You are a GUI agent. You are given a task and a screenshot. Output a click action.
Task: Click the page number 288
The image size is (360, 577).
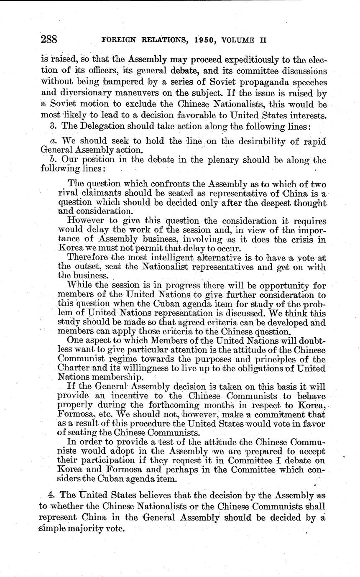(49, 40)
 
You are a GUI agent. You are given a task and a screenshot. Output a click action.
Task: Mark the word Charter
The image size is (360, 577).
(74, 368)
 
